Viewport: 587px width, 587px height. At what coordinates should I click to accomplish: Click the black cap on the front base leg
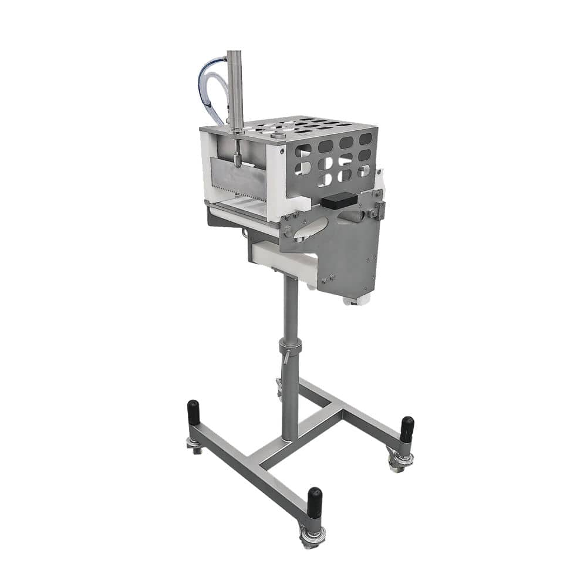pyautogui.click(x=315, y=502)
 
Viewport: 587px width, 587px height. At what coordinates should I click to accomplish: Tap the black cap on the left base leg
pyautogui.click(x=193, y=414)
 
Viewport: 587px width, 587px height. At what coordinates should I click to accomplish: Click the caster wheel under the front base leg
pyautogui.click(x=313, y=537)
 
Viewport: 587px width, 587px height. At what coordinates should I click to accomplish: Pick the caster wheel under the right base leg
pyautogui.click(x=400, y=461)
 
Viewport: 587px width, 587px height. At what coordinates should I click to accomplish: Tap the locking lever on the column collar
pyautogui.click(x=285, y=355)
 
